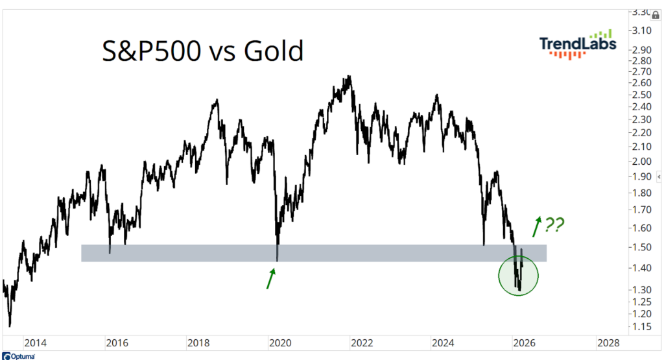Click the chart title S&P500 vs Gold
click(203, 51)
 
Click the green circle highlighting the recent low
click(519, 275)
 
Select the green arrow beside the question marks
click(537, 226)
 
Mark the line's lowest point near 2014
click(10, 326)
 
